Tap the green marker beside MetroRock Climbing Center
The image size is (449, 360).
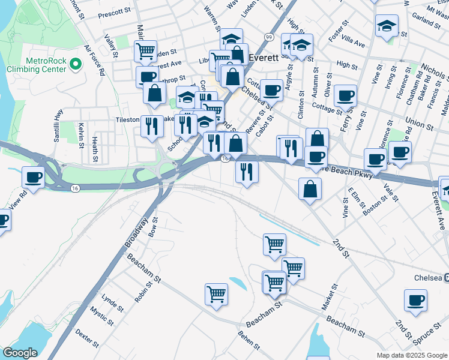coord(76,63)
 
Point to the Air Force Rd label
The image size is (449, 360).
coord(95,59)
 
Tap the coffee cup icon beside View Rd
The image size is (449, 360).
coord(33,178)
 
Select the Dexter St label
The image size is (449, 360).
coord(88,337)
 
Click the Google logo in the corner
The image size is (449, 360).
coord(20,353)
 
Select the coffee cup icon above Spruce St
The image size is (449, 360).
coord(415,301)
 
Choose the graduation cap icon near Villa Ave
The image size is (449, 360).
coord(387,26)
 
